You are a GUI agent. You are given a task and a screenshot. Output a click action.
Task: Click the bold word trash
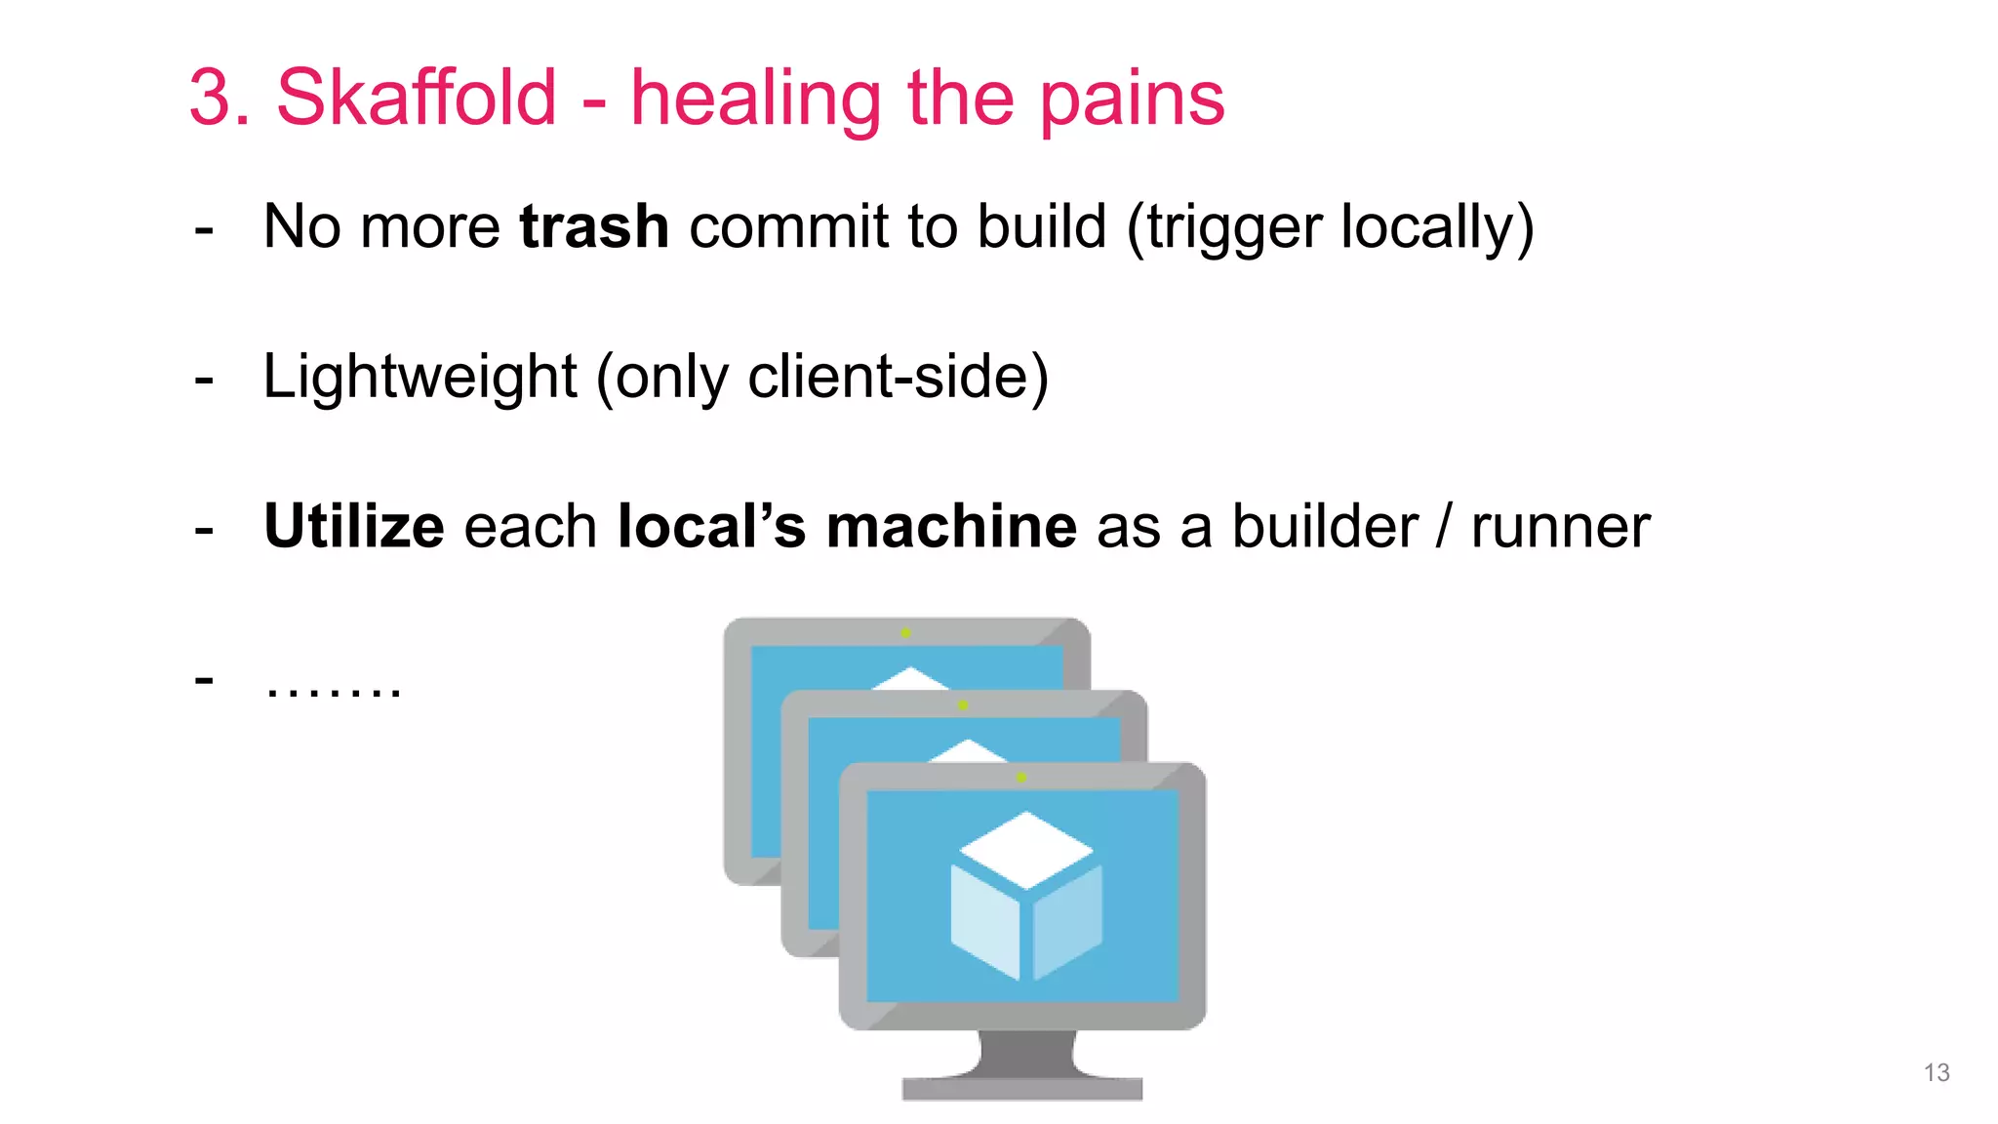[x=594, y=226]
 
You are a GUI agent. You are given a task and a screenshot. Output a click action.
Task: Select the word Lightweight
[x=420, y=378]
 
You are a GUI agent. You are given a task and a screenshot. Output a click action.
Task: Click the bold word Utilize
[x=354, y=527]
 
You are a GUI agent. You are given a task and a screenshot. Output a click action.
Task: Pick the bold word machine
[x=951, y=527]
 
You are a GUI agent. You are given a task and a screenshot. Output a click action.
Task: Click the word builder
[x=1325, y=527]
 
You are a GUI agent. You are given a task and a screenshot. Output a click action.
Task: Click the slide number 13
[x=1937, y=1072]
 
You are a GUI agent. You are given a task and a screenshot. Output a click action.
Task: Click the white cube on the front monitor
[x=1026, y=894]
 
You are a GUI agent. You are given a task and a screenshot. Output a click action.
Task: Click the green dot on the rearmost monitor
[x=905, y=632]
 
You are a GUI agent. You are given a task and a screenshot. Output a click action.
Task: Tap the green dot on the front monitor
[x=1020, y=777]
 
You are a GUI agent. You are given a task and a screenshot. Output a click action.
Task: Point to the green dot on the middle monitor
[x=962, y=704]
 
